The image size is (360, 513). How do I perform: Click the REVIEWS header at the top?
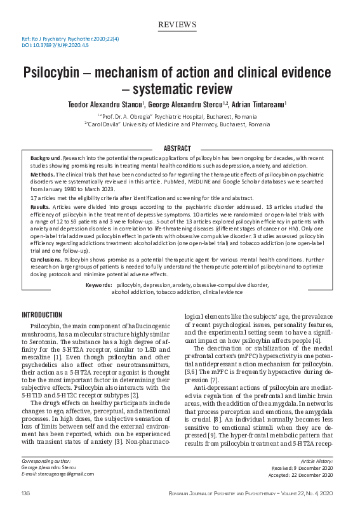tap(177, 25)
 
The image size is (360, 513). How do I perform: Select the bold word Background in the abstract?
tap(46, 156)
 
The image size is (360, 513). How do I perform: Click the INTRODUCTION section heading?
tap(42, 315)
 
